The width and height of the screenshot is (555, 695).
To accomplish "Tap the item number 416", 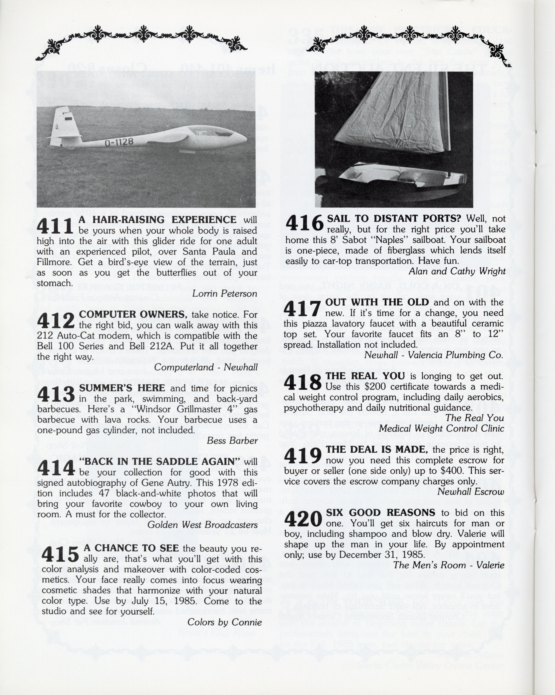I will tap(304, 223).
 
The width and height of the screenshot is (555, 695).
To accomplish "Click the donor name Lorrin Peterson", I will tap(224, 293).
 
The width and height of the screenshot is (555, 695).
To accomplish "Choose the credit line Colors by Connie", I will tap(224, 622).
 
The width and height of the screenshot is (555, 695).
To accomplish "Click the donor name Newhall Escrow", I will tap(470, 492).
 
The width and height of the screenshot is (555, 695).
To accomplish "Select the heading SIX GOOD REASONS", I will tap(381, 513).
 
